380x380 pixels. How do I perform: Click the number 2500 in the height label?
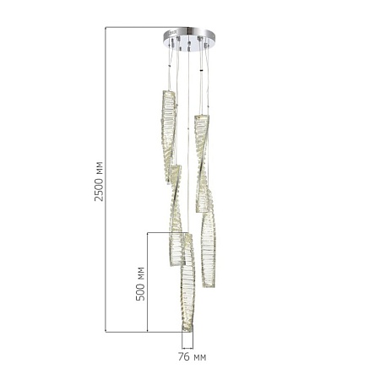[99, 189]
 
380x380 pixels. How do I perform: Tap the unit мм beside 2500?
[100, 168]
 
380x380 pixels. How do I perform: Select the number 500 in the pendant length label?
[140, 291]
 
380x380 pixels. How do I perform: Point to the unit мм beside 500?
[141, 273]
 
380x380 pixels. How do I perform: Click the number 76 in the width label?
[183, 357]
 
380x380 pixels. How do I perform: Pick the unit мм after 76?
[199, 358]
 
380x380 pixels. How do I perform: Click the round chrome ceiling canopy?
[189, 39]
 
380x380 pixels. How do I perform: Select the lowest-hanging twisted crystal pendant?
[187, 282]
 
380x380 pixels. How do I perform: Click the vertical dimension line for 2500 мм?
[106, 180]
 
